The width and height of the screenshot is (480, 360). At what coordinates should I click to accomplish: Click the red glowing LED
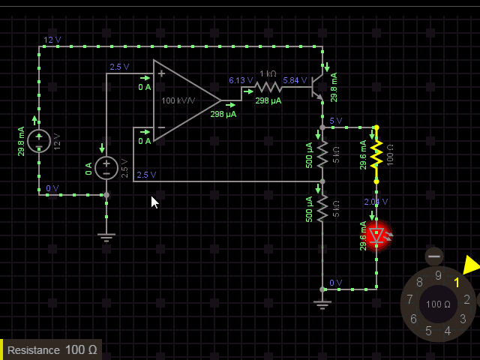click(x=378, y=235)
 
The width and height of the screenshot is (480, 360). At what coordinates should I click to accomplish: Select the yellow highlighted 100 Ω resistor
click(x=376, y=154)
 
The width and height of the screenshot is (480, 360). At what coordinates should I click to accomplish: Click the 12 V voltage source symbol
click(x=39, y=140)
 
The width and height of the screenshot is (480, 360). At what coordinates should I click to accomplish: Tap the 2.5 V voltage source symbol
click(x=106, y=167)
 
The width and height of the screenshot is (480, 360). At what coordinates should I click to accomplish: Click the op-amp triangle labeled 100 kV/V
click(x=184, y=100)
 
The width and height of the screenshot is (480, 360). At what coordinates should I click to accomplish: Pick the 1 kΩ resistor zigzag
click(x=268, y=87)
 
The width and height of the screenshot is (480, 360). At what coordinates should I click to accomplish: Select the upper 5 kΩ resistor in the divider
click(x=322, y=154)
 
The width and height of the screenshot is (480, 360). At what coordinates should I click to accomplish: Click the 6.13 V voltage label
click(x=239, y=80)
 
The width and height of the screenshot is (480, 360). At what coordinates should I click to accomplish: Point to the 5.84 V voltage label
click(x=295, y=80)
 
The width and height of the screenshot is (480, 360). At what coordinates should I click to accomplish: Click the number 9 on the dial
click(x=438, y=275)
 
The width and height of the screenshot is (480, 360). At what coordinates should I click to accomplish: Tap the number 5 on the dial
click(x=428, y=331)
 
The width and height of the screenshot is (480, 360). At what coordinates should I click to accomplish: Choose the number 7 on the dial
click(x=409, y=300)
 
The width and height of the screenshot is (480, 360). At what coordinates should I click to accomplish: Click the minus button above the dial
click(x=434, y=256)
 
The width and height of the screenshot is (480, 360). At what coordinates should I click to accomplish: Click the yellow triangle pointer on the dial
click(x=471, y=265)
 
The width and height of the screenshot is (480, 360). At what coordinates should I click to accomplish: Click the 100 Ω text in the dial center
click(x=438, y=304)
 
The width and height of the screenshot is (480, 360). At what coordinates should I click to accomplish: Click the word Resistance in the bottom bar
click(x=34, y=350)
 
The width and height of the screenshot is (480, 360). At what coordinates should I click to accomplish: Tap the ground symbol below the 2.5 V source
click(x=106, y=237)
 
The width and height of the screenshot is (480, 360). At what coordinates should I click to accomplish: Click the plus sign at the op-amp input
click(x=160, y=73)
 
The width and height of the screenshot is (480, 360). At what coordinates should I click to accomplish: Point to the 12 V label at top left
click(x=52, y=40)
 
